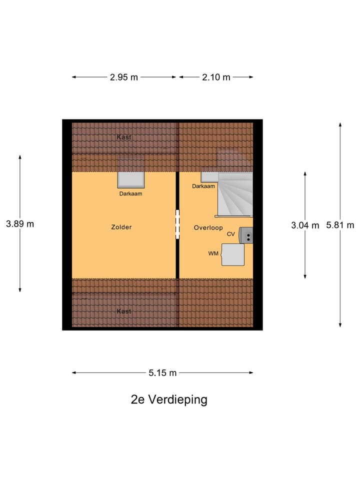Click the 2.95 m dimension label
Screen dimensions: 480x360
(124, 77)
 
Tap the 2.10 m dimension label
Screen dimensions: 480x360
(216, 77)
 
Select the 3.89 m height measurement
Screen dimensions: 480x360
(20, 224)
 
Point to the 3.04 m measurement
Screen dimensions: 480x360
(305, 225)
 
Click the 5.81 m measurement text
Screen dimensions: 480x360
(340, 225)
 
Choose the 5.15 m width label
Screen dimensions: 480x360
(162, 372)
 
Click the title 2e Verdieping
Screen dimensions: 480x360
(168, 399)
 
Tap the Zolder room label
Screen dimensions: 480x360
(121, 227)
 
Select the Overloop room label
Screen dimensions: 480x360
(208, 228)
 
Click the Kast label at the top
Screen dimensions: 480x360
(124, 137)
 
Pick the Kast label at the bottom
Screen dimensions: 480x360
(124, 311)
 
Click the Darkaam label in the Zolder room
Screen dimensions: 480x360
(130, 193)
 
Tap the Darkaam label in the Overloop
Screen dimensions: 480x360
(203, 186)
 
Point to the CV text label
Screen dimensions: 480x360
(230, 234)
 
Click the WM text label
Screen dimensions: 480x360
(213, 254)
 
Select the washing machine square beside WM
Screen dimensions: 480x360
(233, 254)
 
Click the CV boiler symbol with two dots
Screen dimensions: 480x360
(246, 235)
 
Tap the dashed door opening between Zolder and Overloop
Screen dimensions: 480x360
(177, 224)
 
